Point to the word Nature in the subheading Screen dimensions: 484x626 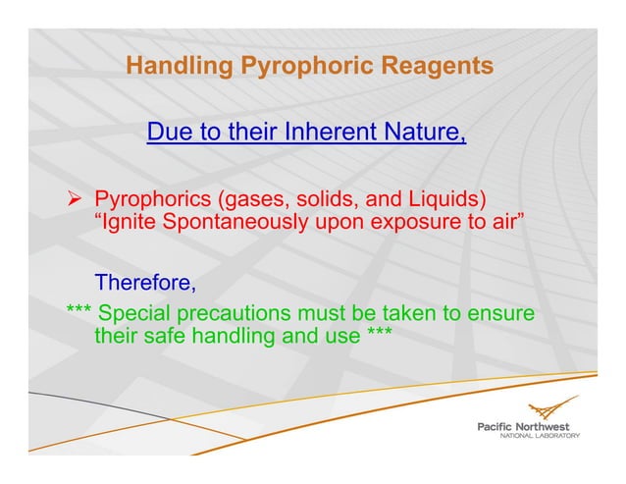click(x=430, y=132)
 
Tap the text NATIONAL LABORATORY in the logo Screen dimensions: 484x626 click(x=540, y=435)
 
